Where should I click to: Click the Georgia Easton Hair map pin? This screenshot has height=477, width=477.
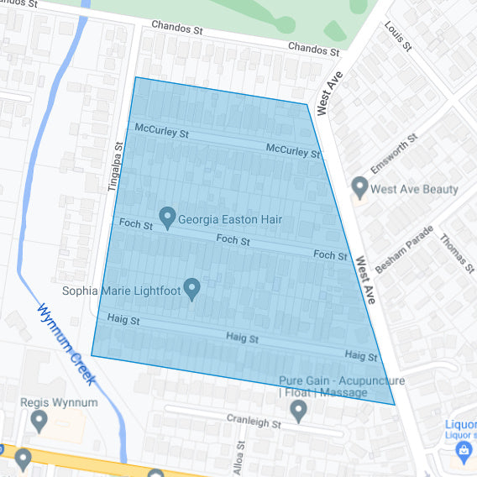pyautogui.click(x=166, y=218)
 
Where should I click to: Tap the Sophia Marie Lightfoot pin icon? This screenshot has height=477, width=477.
pyautogui.click(x=192, y=289)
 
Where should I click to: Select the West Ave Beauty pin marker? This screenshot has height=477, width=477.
pyautogui.click(x=360, y=187)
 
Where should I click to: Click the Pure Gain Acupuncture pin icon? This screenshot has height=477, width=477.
pyautogui.click(x=298, y=410)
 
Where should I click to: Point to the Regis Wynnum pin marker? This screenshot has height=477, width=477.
pyautogui.click(x=38, y=420)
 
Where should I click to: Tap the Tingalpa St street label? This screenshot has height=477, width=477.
pyautogui.click(x=116, y=166)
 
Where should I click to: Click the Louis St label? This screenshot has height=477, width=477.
pyautogui.click(x=398, y=37)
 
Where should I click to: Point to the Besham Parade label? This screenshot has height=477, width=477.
pyautogui.click(x=404, y=249)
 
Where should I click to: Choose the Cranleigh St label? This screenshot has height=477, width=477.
pyautogui.click(x=253, y=420)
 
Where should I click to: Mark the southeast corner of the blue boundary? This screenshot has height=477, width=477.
pyautogui.click(x=394, y=404)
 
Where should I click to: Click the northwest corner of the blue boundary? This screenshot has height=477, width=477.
pyautogui.click(x=135, y=77)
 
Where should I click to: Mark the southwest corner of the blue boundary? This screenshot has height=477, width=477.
pyautogui.click(x=92, y=355)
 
